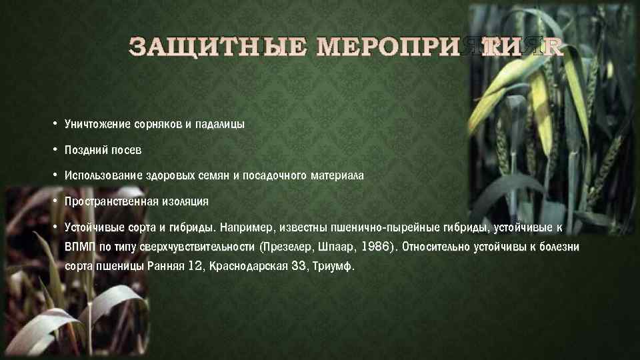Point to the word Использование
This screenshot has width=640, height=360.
click(x=100, y=175)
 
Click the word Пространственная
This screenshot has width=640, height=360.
click(x=111, y=201)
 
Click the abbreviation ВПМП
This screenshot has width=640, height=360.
click(x=79, y=247)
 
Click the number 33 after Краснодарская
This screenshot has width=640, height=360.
click(x=299, y=266)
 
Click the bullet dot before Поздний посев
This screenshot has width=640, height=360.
click(x=53, y=150)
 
